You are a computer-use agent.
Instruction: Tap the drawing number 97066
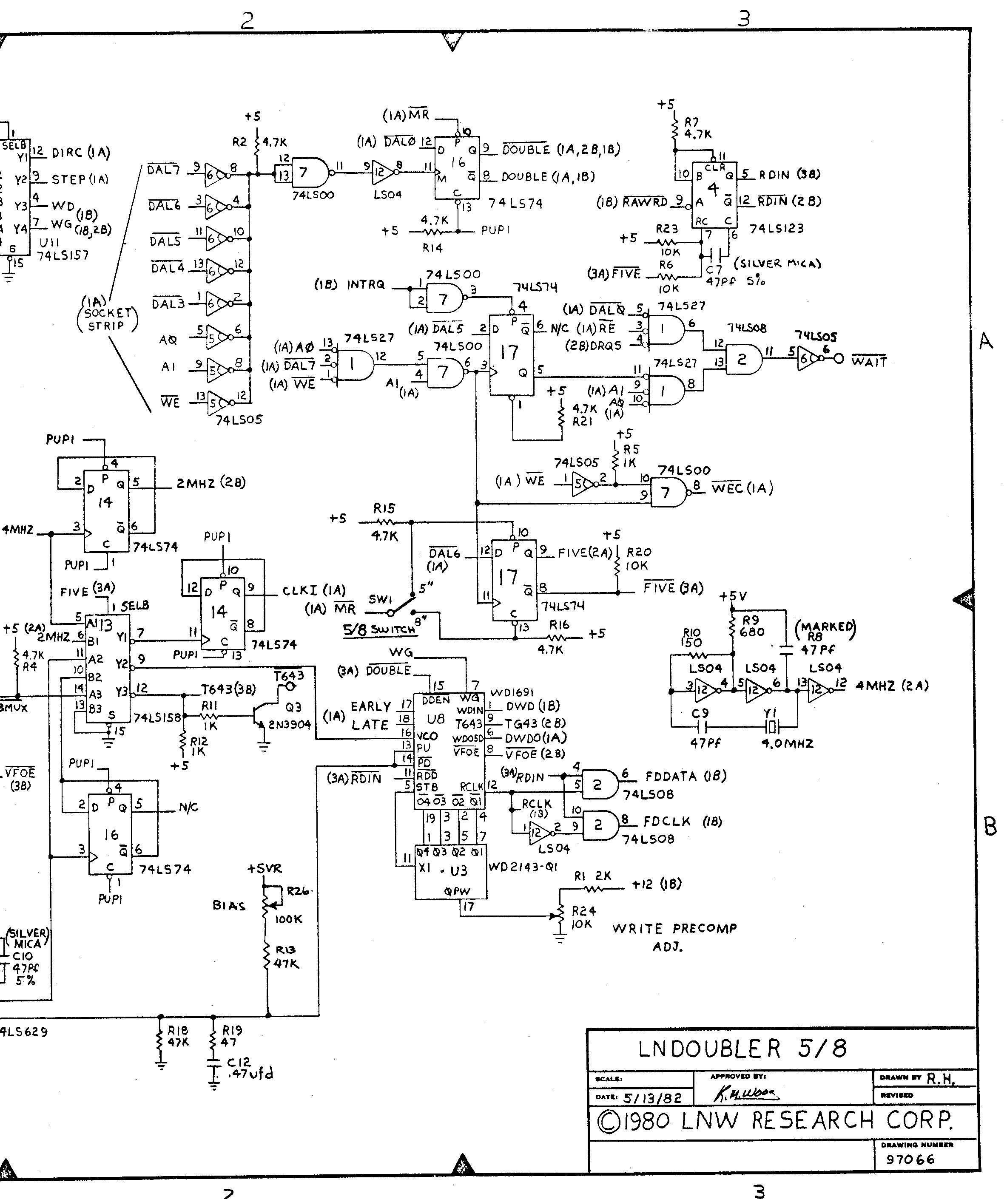[910, 1159]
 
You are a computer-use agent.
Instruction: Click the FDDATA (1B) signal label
[686, 777]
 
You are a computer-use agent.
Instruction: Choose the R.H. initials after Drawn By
[940, 1079]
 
